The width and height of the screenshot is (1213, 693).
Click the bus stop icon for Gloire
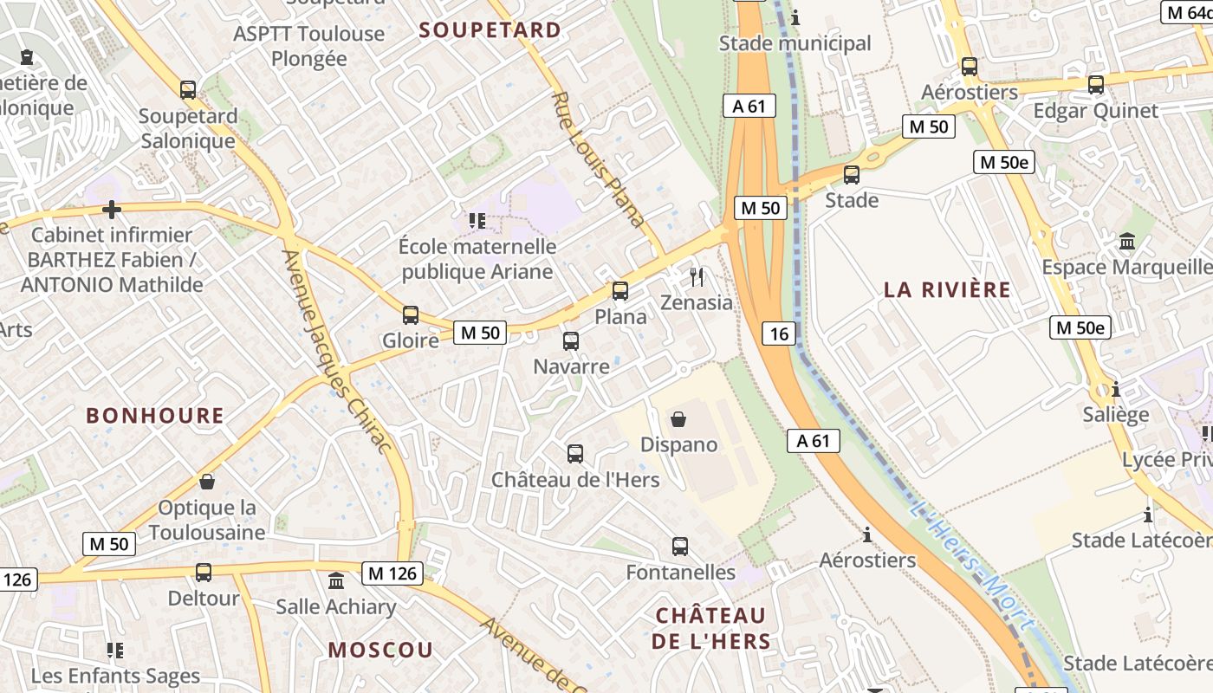(x=411, y=315)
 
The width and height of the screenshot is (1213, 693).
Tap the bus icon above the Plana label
(x=620, y=291)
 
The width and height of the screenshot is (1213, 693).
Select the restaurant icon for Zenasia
(x=697, y=277)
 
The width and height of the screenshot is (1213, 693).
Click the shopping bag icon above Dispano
(x=678, y=419)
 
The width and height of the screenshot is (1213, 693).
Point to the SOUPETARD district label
(x=490, y=30)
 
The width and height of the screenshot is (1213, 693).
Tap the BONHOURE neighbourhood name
(x=155, y=416)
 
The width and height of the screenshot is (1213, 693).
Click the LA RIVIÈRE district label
(x=947, y=290)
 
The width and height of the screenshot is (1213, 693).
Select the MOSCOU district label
(x=380, y=650)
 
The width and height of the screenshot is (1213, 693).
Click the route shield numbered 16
(x=780, y=334)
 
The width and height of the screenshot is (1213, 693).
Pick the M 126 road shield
(x=392, y=573)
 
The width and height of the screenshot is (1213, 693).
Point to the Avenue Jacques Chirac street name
(x=338, y=351)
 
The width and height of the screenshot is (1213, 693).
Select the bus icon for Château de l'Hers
(x=575, y=454)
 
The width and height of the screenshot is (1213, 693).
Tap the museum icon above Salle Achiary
(x=336, y=581)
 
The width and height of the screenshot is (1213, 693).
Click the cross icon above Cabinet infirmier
(x=111, y=210)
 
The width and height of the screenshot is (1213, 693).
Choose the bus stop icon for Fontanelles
(x=680, y=547)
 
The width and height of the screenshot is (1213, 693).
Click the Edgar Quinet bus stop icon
(x=1096, y=85)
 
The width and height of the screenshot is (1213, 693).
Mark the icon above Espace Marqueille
(x=1127, y=241)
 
